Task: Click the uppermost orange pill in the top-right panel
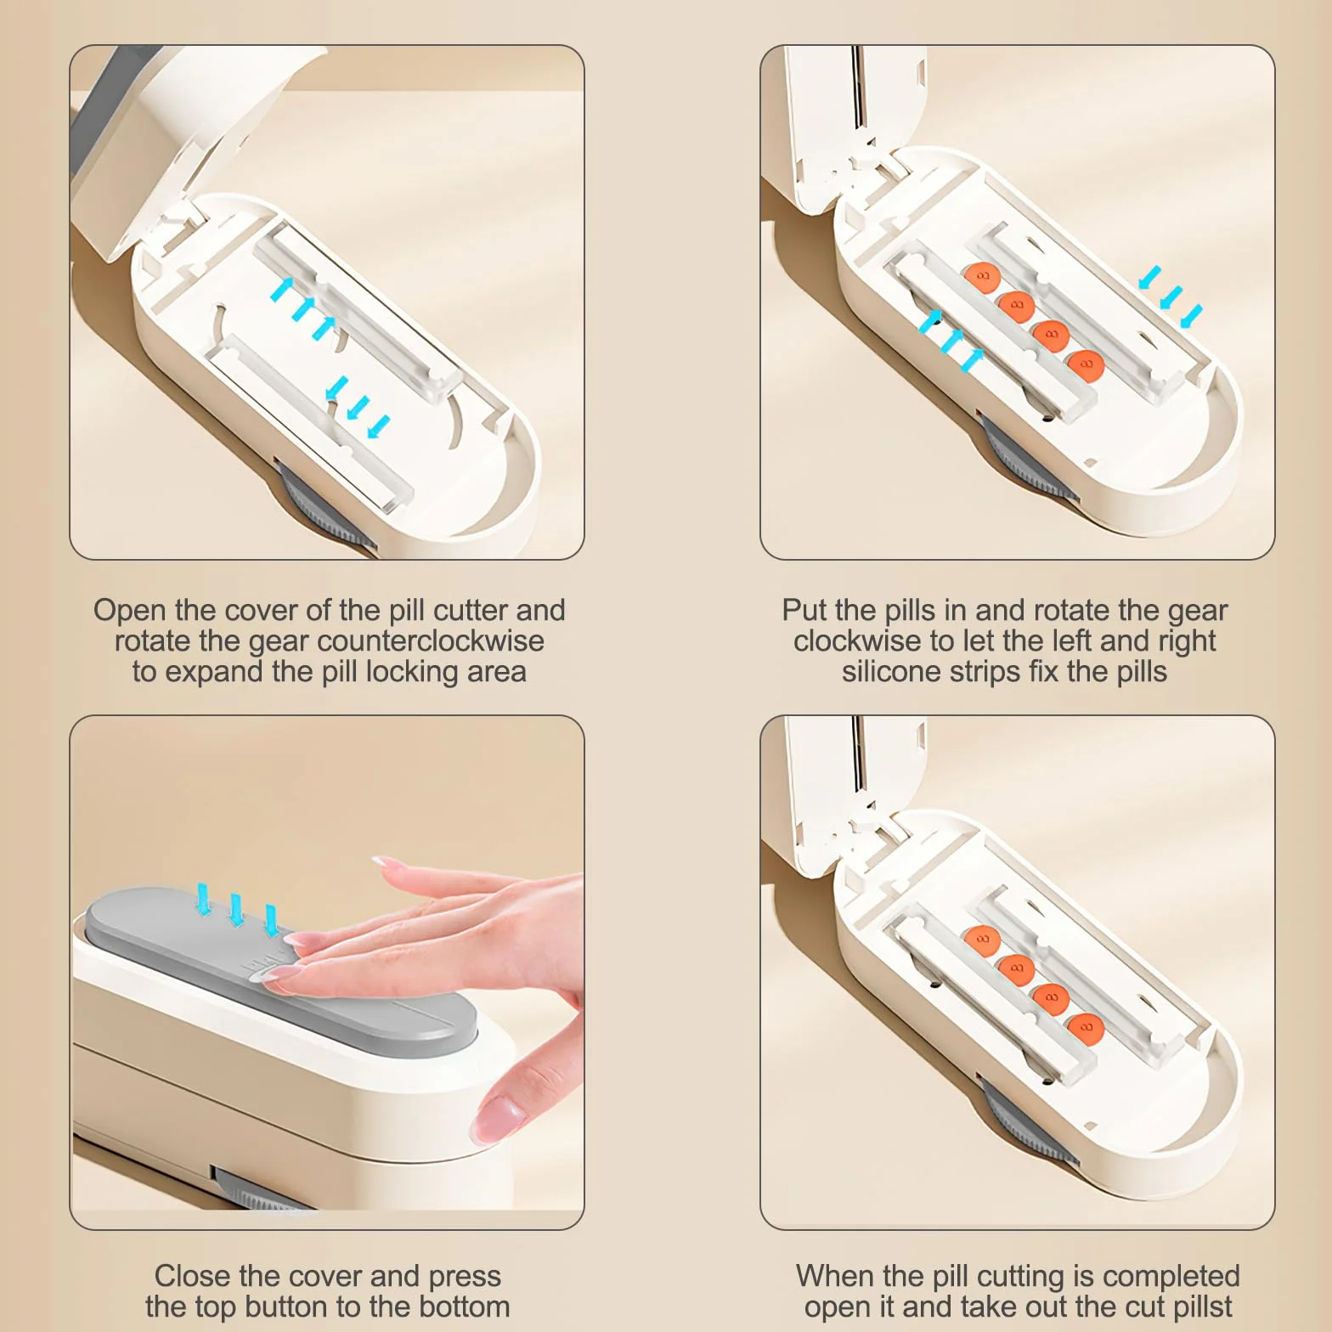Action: click(x=982, y=277)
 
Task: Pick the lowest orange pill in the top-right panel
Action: click(x=1085, y=365)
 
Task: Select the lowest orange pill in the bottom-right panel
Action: click(x=1085, y=1029)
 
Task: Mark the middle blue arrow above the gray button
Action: click(x=237, y=910)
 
